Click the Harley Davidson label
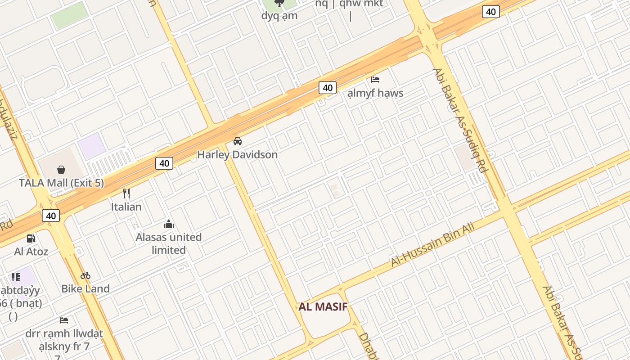coord(237,154)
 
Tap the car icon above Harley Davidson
coord(238,141)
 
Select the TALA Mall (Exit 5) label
coord(61,183)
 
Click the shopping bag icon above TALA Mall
coord(61,170)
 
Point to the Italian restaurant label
coord(126,207)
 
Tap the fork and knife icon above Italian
coord(126,193)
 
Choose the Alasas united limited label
coord(169,243)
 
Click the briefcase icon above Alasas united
coord(169,224)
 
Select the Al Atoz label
coord(31,251)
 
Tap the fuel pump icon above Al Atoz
coord(31,238)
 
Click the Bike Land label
coord(85,288)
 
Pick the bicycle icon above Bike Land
coord(85,275)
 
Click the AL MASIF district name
coord(323,307)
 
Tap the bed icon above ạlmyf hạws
coord(375,80)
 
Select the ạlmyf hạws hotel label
coord(375,93)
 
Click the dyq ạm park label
coord(279,16)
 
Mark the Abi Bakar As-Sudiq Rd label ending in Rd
coord(460,120)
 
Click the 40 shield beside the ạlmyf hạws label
coord(328,88)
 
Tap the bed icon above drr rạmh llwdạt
coord(64,320)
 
